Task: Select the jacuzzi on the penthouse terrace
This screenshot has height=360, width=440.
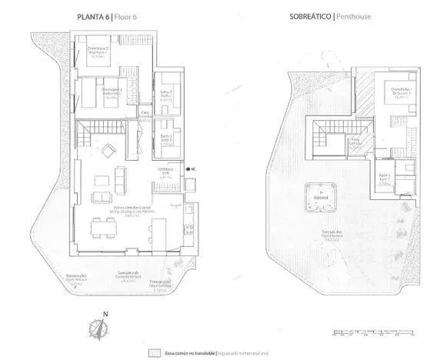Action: [318, 197]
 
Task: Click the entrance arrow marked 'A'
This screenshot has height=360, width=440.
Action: [191, 168]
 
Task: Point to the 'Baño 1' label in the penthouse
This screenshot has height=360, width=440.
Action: [385, 179]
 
